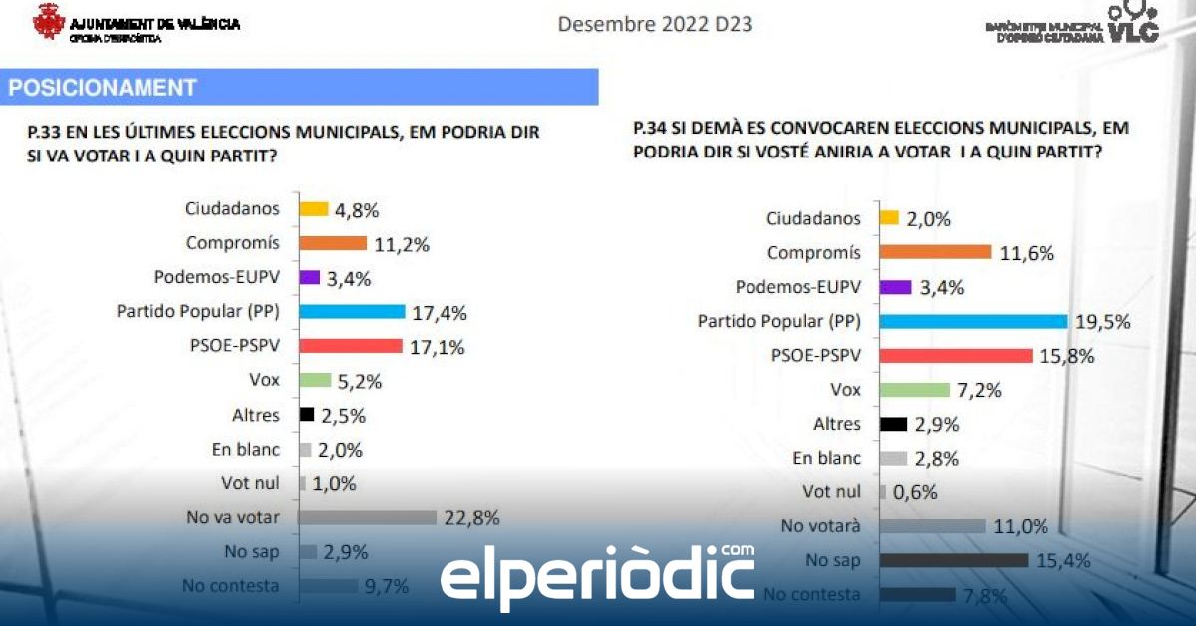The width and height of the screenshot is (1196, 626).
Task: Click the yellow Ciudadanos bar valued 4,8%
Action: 314,209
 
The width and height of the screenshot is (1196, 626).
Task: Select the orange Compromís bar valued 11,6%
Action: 935,253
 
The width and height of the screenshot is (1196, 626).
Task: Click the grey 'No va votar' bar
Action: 368,517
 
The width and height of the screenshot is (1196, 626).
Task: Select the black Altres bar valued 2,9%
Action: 894,424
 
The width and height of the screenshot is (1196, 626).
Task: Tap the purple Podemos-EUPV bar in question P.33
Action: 309,277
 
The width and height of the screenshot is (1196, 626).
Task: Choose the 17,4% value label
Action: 440,313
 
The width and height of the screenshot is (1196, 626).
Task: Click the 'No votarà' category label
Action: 823,526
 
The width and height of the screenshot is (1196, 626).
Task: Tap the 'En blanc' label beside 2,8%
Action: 826,458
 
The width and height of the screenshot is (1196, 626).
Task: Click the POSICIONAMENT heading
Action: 103,88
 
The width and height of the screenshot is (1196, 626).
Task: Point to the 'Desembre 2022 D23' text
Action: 655,23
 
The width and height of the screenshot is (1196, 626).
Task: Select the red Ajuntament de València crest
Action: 49,21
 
